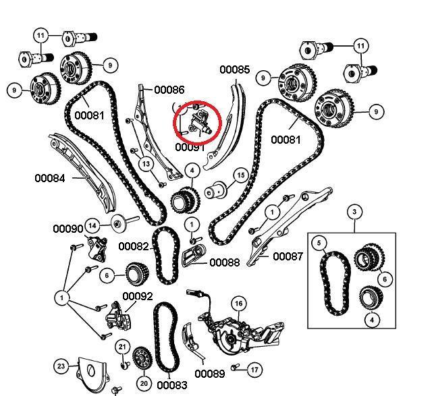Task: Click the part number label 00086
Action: [x=169, y=89]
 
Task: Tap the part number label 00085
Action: [x=235, y=69]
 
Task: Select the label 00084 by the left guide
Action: [x=50, y=179]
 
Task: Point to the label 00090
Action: [x=68, y=229]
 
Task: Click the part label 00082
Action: [x=133, y=247]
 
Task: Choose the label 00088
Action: [x=224, y=262]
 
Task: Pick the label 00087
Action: [x=288, y=256]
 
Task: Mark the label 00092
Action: [x=137, y=296]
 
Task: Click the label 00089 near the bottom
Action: [x=209, y=373]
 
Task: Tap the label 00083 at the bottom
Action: [x=171, y=385]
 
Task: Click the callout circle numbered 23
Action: [x=61, y=366]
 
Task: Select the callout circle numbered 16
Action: [x=238, y=304]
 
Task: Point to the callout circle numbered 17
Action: [x=254, y=370]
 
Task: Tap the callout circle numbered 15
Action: [x=240, y=176]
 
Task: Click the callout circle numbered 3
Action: [x=354, y=213]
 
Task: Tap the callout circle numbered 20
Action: [x=143, y=383]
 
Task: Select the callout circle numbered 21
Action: [x=122, y=347]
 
